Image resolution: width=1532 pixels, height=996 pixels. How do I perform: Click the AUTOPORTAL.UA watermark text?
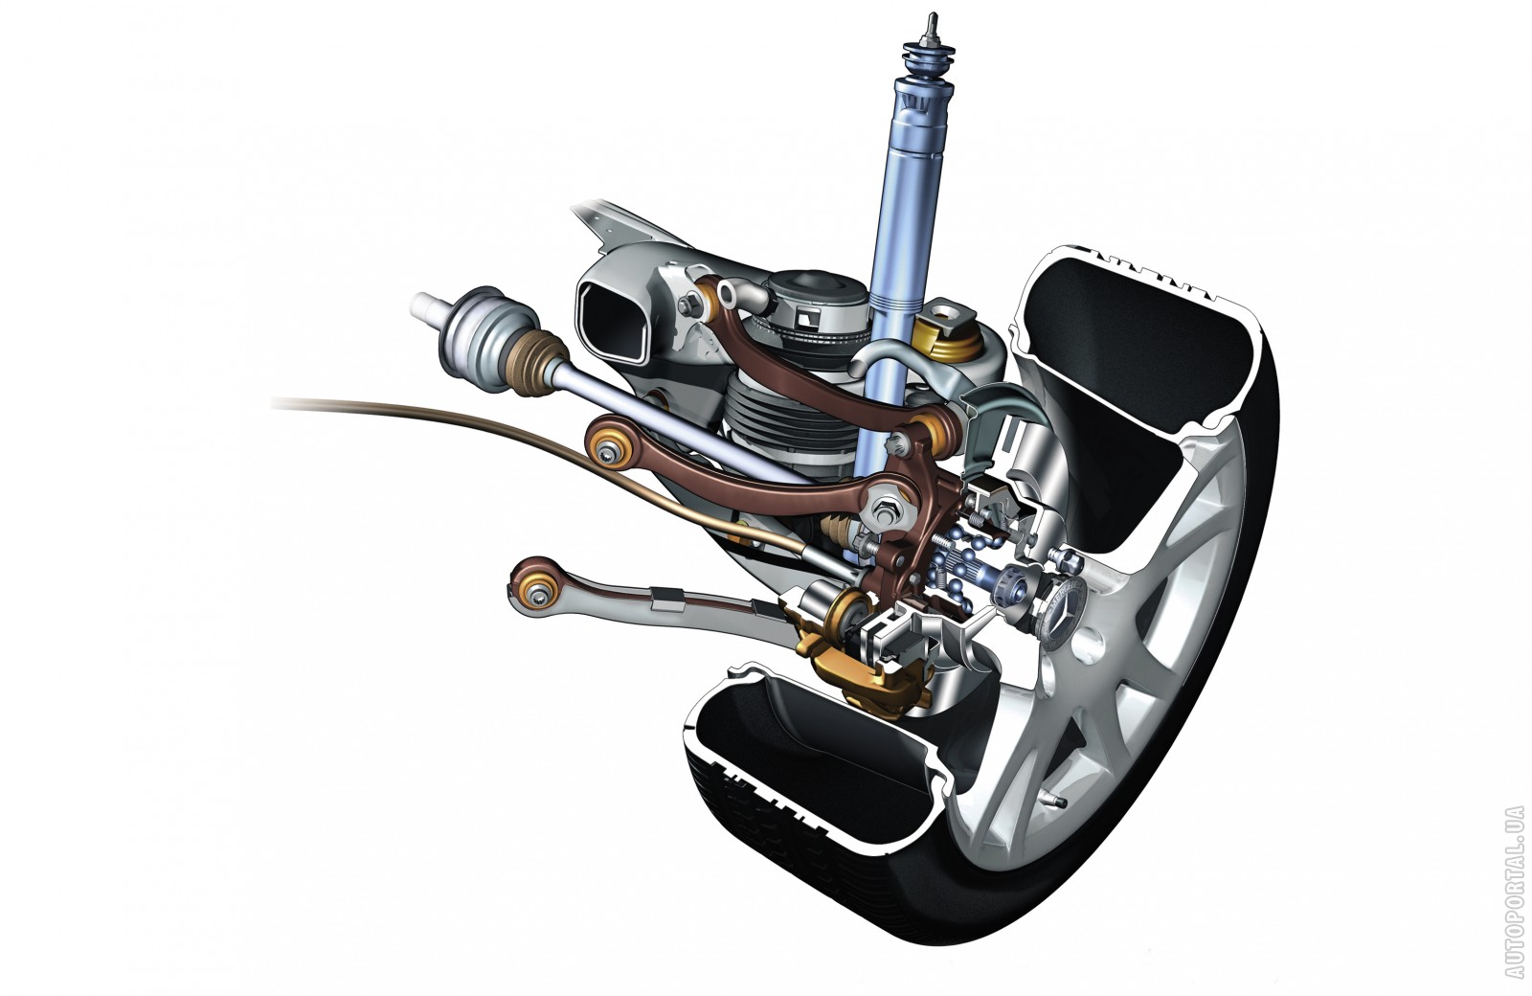click(x=1514, y=892)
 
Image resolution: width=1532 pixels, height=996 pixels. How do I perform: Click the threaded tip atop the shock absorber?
click(x=929, y=28)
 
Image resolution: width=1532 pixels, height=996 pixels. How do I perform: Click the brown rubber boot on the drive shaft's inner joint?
click(x=536, y=363)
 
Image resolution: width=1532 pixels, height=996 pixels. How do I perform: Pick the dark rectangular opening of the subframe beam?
click(x=614, y=322)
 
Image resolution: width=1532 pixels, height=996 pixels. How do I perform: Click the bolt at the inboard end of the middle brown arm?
click(x=607, y=451)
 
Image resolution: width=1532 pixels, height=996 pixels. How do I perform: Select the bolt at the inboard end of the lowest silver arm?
click(x=539, y=598)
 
